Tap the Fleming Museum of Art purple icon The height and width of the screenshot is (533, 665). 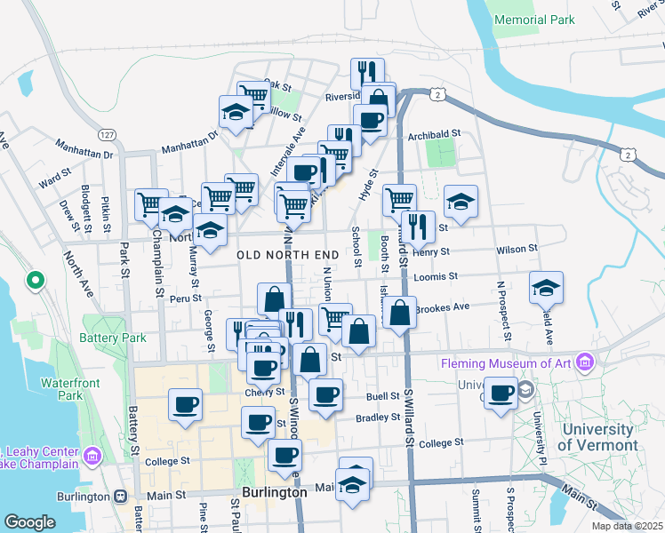(584, 362)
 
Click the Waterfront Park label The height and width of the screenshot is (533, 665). (61, 389)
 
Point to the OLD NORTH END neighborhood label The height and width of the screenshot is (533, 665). (288, 255)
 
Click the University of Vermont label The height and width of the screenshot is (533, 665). (599, 438)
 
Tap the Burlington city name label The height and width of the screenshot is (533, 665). (274, 491)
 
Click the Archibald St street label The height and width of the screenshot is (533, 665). (433, 135)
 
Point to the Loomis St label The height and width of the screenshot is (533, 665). (435, 276)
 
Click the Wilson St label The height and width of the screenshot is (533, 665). (517, 250)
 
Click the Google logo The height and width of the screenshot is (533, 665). (29, 522)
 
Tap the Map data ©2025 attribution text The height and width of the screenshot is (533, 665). (626, 526)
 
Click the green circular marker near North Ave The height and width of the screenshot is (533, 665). (35, 281)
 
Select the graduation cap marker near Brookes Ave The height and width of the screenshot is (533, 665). (546, 286)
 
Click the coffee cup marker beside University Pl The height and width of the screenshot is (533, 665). (501, 392)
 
